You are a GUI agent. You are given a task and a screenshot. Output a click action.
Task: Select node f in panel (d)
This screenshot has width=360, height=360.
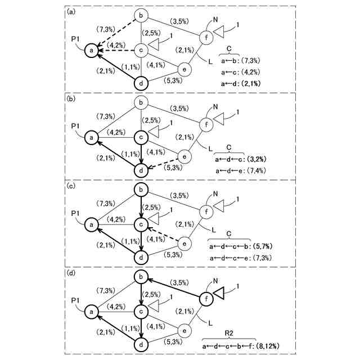[205, 299]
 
